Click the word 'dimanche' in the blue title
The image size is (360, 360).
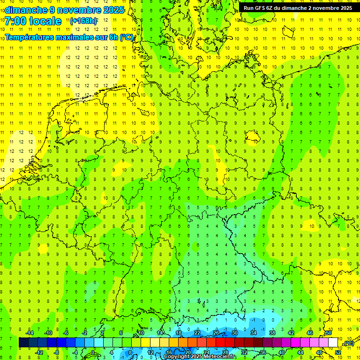pyautogui.click(x=24, y=10)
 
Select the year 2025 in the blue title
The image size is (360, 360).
pyautogui.click(x=112, y=10)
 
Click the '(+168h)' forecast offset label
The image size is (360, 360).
pyautogui.click(x=83, y=21)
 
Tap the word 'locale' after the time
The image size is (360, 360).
pyautogui.click(x=45, y=21)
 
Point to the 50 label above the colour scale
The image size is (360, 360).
pyautogui.click(x=329, y=333)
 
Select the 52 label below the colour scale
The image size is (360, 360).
pyautogui.click(x=337, y=352)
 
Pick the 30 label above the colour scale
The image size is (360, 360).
pyautogui.click(x=235, y=333)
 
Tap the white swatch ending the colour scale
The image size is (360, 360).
pyautogui.click(x=333, y=343)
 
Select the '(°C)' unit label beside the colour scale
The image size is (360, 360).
pyautogui.click(x=348, y=343)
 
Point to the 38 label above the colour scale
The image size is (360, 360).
pyautogui.click(x=272, y=333)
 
